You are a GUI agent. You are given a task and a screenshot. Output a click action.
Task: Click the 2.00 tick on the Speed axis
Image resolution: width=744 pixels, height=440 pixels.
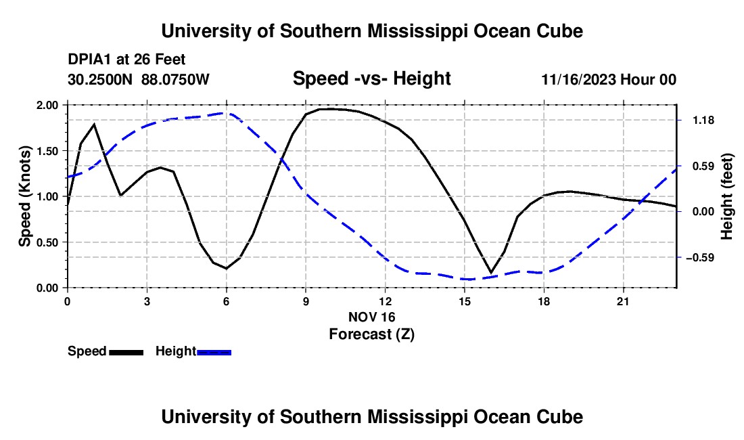pos(47,105)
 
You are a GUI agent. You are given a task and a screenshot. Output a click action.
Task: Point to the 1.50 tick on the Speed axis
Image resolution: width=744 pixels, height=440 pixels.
pos(47,151)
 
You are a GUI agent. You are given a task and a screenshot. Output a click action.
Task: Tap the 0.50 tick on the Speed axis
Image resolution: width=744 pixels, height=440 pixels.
pos(47,242)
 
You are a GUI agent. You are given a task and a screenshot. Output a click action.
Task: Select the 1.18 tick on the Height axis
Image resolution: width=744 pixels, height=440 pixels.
pos(703,120)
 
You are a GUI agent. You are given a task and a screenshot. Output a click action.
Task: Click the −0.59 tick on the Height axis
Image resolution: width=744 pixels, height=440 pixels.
pos(700,258)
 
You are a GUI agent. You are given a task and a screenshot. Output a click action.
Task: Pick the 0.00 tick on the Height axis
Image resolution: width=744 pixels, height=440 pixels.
pos(703,212)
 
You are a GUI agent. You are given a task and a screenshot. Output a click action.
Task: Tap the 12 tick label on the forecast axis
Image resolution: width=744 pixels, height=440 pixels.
pos(386,301)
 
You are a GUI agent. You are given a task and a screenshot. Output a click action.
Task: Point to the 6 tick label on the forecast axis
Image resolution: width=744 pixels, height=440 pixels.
pos(227,301)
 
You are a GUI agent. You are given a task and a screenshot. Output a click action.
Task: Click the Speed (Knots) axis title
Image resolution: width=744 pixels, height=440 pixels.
pos(24,196)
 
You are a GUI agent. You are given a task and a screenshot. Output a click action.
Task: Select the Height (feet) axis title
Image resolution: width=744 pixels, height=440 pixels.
pos(726,196)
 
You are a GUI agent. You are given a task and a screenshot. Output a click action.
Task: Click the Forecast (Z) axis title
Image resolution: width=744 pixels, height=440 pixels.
pos(372,334)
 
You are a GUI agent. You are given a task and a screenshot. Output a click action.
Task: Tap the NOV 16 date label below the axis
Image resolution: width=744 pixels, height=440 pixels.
pos(372,317)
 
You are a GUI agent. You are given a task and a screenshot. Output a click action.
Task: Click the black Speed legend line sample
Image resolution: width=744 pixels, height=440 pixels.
pos(126,353)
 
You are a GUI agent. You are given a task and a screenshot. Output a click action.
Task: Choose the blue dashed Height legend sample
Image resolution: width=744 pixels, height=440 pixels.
pos(214,353)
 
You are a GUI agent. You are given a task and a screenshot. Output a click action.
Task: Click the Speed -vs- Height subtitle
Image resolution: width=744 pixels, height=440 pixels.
pos(372,79)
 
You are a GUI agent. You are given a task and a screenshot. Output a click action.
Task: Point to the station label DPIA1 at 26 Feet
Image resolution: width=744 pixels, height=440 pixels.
pos(126,60)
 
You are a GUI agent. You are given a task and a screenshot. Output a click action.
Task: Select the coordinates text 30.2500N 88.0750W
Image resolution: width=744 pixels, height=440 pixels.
pos(139,79)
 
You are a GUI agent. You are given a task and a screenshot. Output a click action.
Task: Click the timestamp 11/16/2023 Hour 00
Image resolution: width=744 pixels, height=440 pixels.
pos(609,79)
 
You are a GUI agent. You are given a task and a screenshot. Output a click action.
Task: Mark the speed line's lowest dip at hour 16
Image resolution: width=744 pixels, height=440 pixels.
pos(491,273)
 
